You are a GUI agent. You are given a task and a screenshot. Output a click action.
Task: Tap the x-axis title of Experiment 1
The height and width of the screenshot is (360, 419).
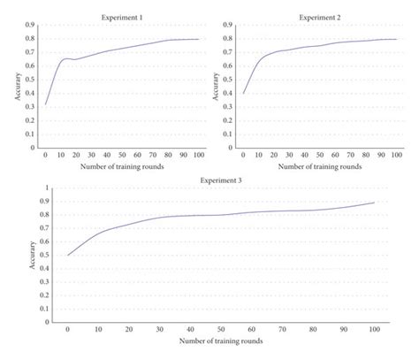click(121, 165)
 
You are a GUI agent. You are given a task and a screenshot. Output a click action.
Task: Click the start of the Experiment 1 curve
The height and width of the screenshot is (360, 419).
click(46, 104)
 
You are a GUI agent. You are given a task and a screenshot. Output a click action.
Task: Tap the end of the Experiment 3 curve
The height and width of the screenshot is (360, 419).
click(374, 203)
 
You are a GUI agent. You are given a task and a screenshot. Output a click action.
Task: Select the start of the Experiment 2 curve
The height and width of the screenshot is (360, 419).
click(243, 93)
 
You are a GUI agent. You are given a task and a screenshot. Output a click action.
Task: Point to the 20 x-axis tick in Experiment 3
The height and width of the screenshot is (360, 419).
click(128, 329)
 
